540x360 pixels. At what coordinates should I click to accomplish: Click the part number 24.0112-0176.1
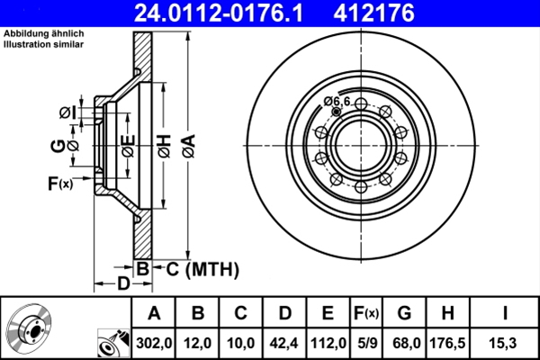tap(209, 13)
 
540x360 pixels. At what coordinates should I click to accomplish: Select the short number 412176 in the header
tap(400, 13)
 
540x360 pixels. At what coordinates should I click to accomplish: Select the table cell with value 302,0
tap(153, 342)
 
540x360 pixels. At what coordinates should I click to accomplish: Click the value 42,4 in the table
tap(284, 342)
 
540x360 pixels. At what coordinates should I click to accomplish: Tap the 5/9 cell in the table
tap(366, 342)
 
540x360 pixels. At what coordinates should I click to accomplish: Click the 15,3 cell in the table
tap(506, 342)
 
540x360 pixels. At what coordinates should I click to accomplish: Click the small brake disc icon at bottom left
tap(28, 328)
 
